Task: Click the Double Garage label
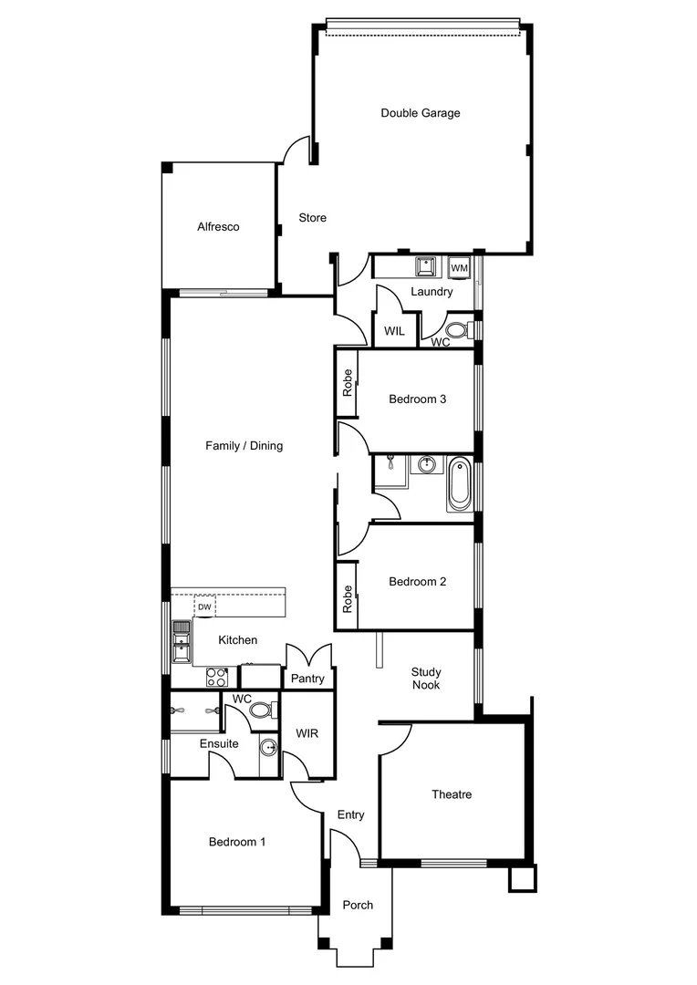(420, 113)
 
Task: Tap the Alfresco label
(218, 227)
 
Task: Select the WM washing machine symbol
(459, 267)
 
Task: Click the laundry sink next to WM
(425, 266)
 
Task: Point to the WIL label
(394, 331)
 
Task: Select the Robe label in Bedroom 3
(347, 381)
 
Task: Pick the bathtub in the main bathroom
(458, 487)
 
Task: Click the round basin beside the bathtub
(426, 466)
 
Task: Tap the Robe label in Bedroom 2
(347, 597)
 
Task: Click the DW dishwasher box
(205, 607)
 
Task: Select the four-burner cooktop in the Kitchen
(217, 676)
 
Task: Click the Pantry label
(307, 679)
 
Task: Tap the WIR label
(306, 733)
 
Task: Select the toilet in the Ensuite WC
(261, 710)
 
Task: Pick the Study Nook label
(425, 678)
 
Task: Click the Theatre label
(452, 794)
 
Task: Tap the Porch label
(358, 905)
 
